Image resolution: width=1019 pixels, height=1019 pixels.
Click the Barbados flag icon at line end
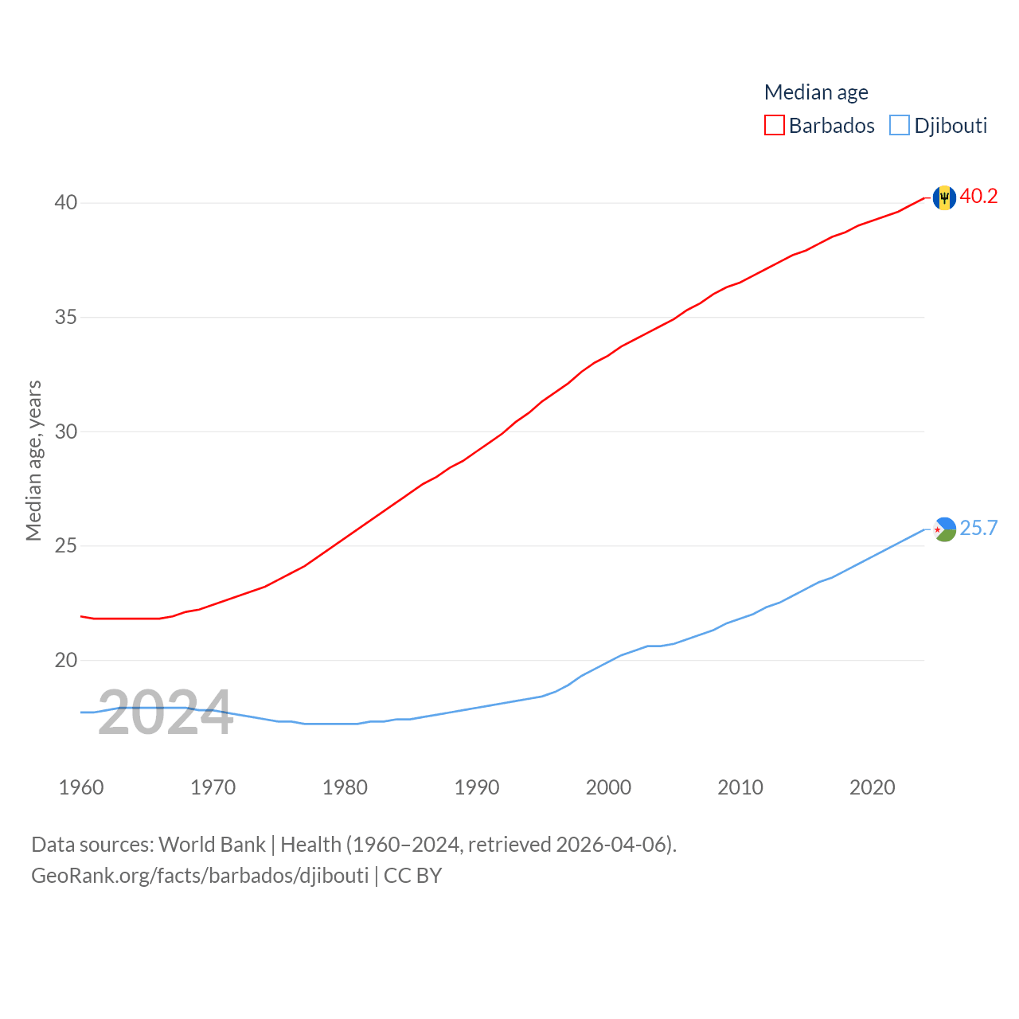(944, 197)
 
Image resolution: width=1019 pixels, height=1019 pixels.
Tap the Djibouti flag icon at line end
(944, 529)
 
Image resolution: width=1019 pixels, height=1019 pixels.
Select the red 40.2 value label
(978, 196)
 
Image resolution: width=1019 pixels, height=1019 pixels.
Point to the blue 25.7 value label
(978, 528)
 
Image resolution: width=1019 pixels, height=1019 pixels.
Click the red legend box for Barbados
(774, 125)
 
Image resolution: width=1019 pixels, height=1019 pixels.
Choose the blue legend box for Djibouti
(900, 125)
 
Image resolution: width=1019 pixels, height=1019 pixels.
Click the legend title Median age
(816, 92)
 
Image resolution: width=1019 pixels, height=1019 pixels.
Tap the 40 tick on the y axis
(66, 202)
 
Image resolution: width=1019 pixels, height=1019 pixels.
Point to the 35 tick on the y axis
(66, 317)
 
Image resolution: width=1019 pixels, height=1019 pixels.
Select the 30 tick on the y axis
(66, 431)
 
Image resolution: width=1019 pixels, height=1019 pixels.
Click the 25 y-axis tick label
(66, 545)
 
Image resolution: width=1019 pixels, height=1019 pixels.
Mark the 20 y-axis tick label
(66, 660)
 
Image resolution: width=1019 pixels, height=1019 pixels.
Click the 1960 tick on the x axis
(81, 787)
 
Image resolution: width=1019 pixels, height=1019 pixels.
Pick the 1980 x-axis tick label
(345, 787)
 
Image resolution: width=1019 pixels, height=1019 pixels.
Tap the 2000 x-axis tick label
(608, 787)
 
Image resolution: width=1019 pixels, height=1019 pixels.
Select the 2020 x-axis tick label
(872, 787)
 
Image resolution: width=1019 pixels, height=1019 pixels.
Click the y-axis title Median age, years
(33, 460)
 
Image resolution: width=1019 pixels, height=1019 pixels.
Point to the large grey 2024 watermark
(166, 713)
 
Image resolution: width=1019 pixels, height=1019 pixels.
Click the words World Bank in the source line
(212, 844)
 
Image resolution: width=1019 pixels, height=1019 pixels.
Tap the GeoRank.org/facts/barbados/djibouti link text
(200, 876)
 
